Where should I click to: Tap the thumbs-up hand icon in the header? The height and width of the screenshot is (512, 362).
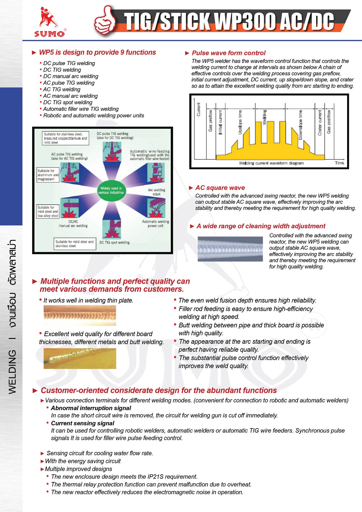point(105,21)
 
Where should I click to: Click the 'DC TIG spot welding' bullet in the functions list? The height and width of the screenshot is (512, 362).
point(68,102)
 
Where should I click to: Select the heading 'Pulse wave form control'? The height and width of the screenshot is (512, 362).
point(229,53)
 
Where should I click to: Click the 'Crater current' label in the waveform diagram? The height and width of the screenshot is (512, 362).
point(320,123)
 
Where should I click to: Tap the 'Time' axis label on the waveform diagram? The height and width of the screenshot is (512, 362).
point(339,163)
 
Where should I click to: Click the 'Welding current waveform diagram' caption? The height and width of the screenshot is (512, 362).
point(271,163)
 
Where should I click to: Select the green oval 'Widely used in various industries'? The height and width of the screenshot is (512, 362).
point(111,190)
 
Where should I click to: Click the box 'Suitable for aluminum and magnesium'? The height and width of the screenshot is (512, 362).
point(48,175)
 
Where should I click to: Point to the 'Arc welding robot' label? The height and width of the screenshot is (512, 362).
point(156,192)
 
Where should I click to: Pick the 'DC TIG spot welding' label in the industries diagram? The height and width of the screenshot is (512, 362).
point(114,243)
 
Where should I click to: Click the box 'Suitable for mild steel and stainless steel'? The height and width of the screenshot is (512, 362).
point(74,244)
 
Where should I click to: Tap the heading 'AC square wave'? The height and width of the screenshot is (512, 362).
point(220,188)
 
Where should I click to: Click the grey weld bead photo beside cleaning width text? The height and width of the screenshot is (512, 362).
point(230,249)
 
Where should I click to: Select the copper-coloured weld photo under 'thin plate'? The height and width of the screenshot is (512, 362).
point(80,315)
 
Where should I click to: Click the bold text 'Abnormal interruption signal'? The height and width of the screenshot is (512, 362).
point(91,408)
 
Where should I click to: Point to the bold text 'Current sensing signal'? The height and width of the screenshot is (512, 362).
point(83,423)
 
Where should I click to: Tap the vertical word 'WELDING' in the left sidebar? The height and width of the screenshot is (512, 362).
point(12,372)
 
